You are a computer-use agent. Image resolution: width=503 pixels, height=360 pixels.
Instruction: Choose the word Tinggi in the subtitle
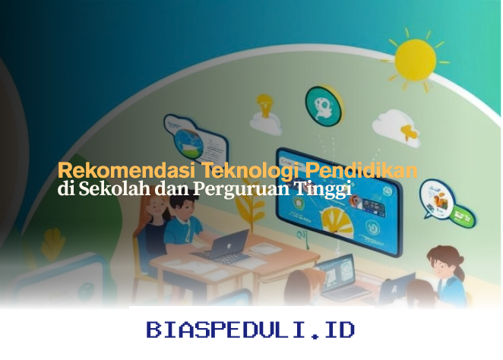(x=322, y=190)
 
